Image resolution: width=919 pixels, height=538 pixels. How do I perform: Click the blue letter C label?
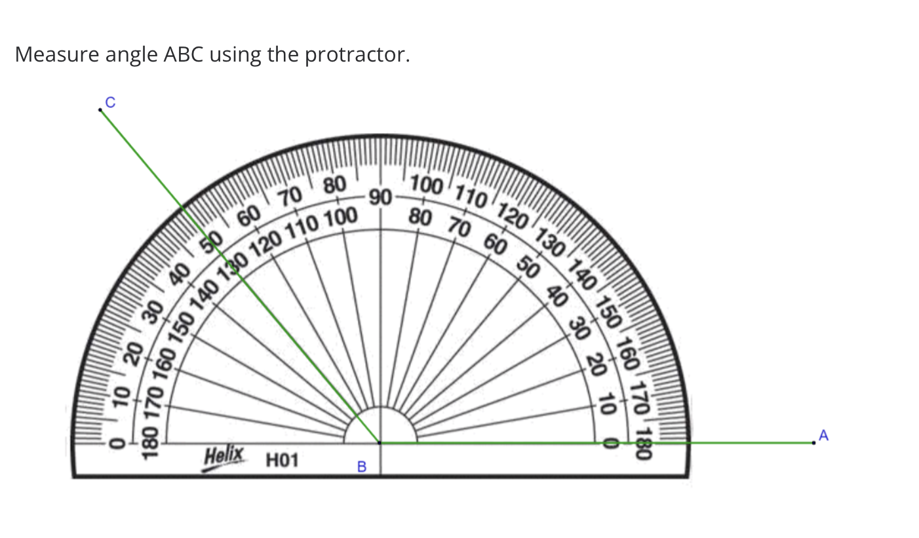[110, 102]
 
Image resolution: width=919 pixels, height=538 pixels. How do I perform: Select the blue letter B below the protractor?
[361, 467]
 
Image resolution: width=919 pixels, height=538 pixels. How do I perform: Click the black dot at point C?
[100, 110]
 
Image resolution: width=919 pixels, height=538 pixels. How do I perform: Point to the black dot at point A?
[813, 443]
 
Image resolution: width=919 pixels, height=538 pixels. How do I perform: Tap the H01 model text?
[282, 461]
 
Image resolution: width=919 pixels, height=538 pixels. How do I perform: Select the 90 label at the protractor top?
[380, 196]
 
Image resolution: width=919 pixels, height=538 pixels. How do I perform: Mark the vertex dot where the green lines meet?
[380, 443]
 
